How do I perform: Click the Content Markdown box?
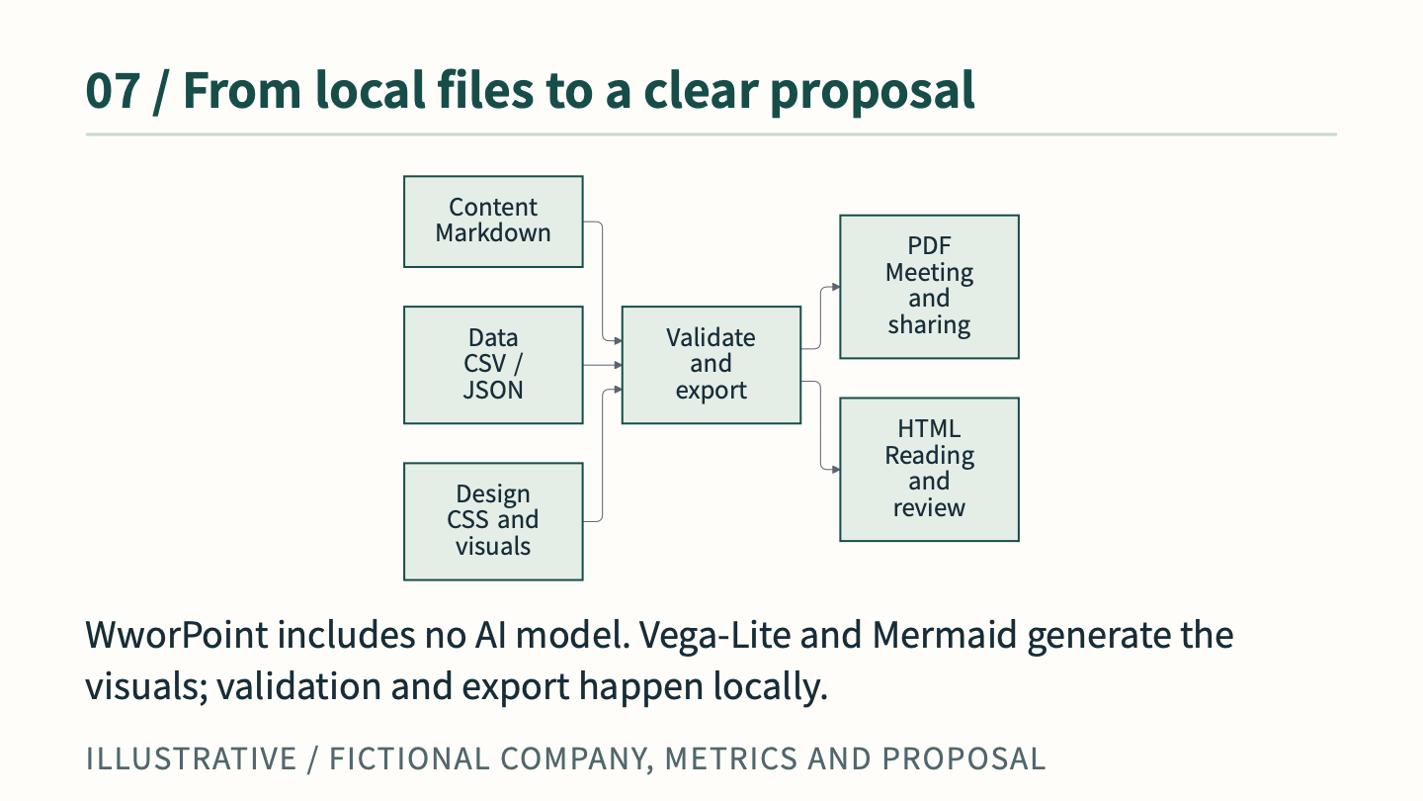point(493,222)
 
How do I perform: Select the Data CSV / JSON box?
point(493,365)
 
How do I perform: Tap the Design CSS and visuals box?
point(493,521)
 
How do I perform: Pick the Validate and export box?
point(711,365)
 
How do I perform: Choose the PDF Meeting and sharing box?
point(929,287)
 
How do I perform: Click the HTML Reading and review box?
point(929,470)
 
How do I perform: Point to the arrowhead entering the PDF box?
point(836,287)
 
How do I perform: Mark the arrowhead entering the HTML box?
point(836,470)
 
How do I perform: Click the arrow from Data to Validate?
point(602,365)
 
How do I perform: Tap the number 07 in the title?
point(113,91)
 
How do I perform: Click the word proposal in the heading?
point(873,92)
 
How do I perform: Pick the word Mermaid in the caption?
point(945,635)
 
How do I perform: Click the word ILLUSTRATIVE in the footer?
point(192,758)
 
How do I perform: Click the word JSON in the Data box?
point(493,390)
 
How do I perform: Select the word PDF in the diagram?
point(929,245)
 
